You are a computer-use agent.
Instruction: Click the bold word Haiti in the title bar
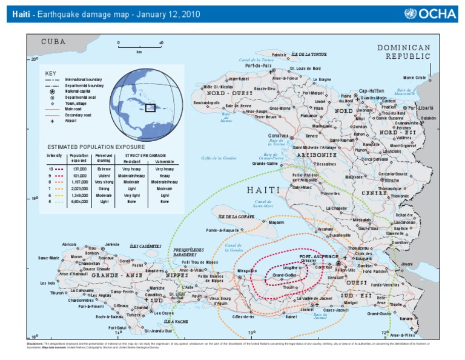[20, 15]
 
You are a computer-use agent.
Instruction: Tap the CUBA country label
[53, 42]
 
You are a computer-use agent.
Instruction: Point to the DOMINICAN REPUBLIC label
[404, 52]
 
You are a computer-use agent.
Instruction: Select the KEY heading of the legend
[50, 73]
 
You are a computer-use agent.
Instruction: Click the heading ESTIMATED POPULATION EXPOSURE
[96, 147]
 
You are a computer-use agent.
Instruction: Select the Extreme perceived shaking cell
[104, 169]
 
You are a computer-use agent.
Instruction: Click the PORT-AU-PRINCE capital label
[317, 256]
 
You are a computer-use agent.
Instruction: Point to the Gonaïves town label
[279, 135]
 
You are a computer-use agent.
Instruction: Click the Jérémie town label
[112, 244]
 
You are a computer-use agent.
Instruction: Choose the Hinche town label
[392, 180]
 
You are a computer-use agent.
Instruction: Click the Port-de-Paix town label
[259, 65]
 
